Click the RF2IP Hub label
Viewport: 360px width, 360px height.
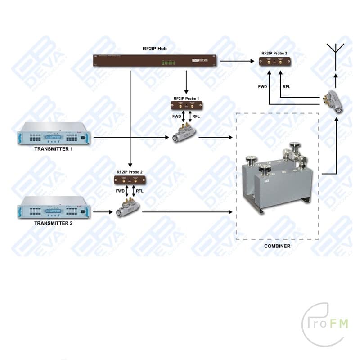(x=155, y=48)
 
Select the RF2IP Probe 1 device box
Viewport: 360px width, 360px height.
(x=186, y=105)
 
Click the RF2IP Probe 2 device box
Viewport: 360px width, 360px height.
(x=130, y=180)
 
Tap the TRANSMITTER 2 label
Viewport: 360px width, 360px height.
(x=53, y=223)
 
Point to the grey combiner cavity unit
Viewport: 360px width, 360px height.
(x=276, y=180)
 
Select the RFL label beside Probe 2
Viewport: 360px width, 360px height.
(x=139, y=191)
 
